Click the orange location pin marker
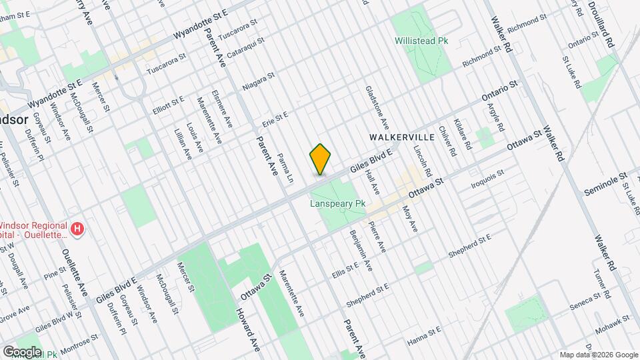(x=321, y=159)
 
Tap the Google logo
(x=21, y=351)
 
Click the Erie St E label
(x=275, y=118)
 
